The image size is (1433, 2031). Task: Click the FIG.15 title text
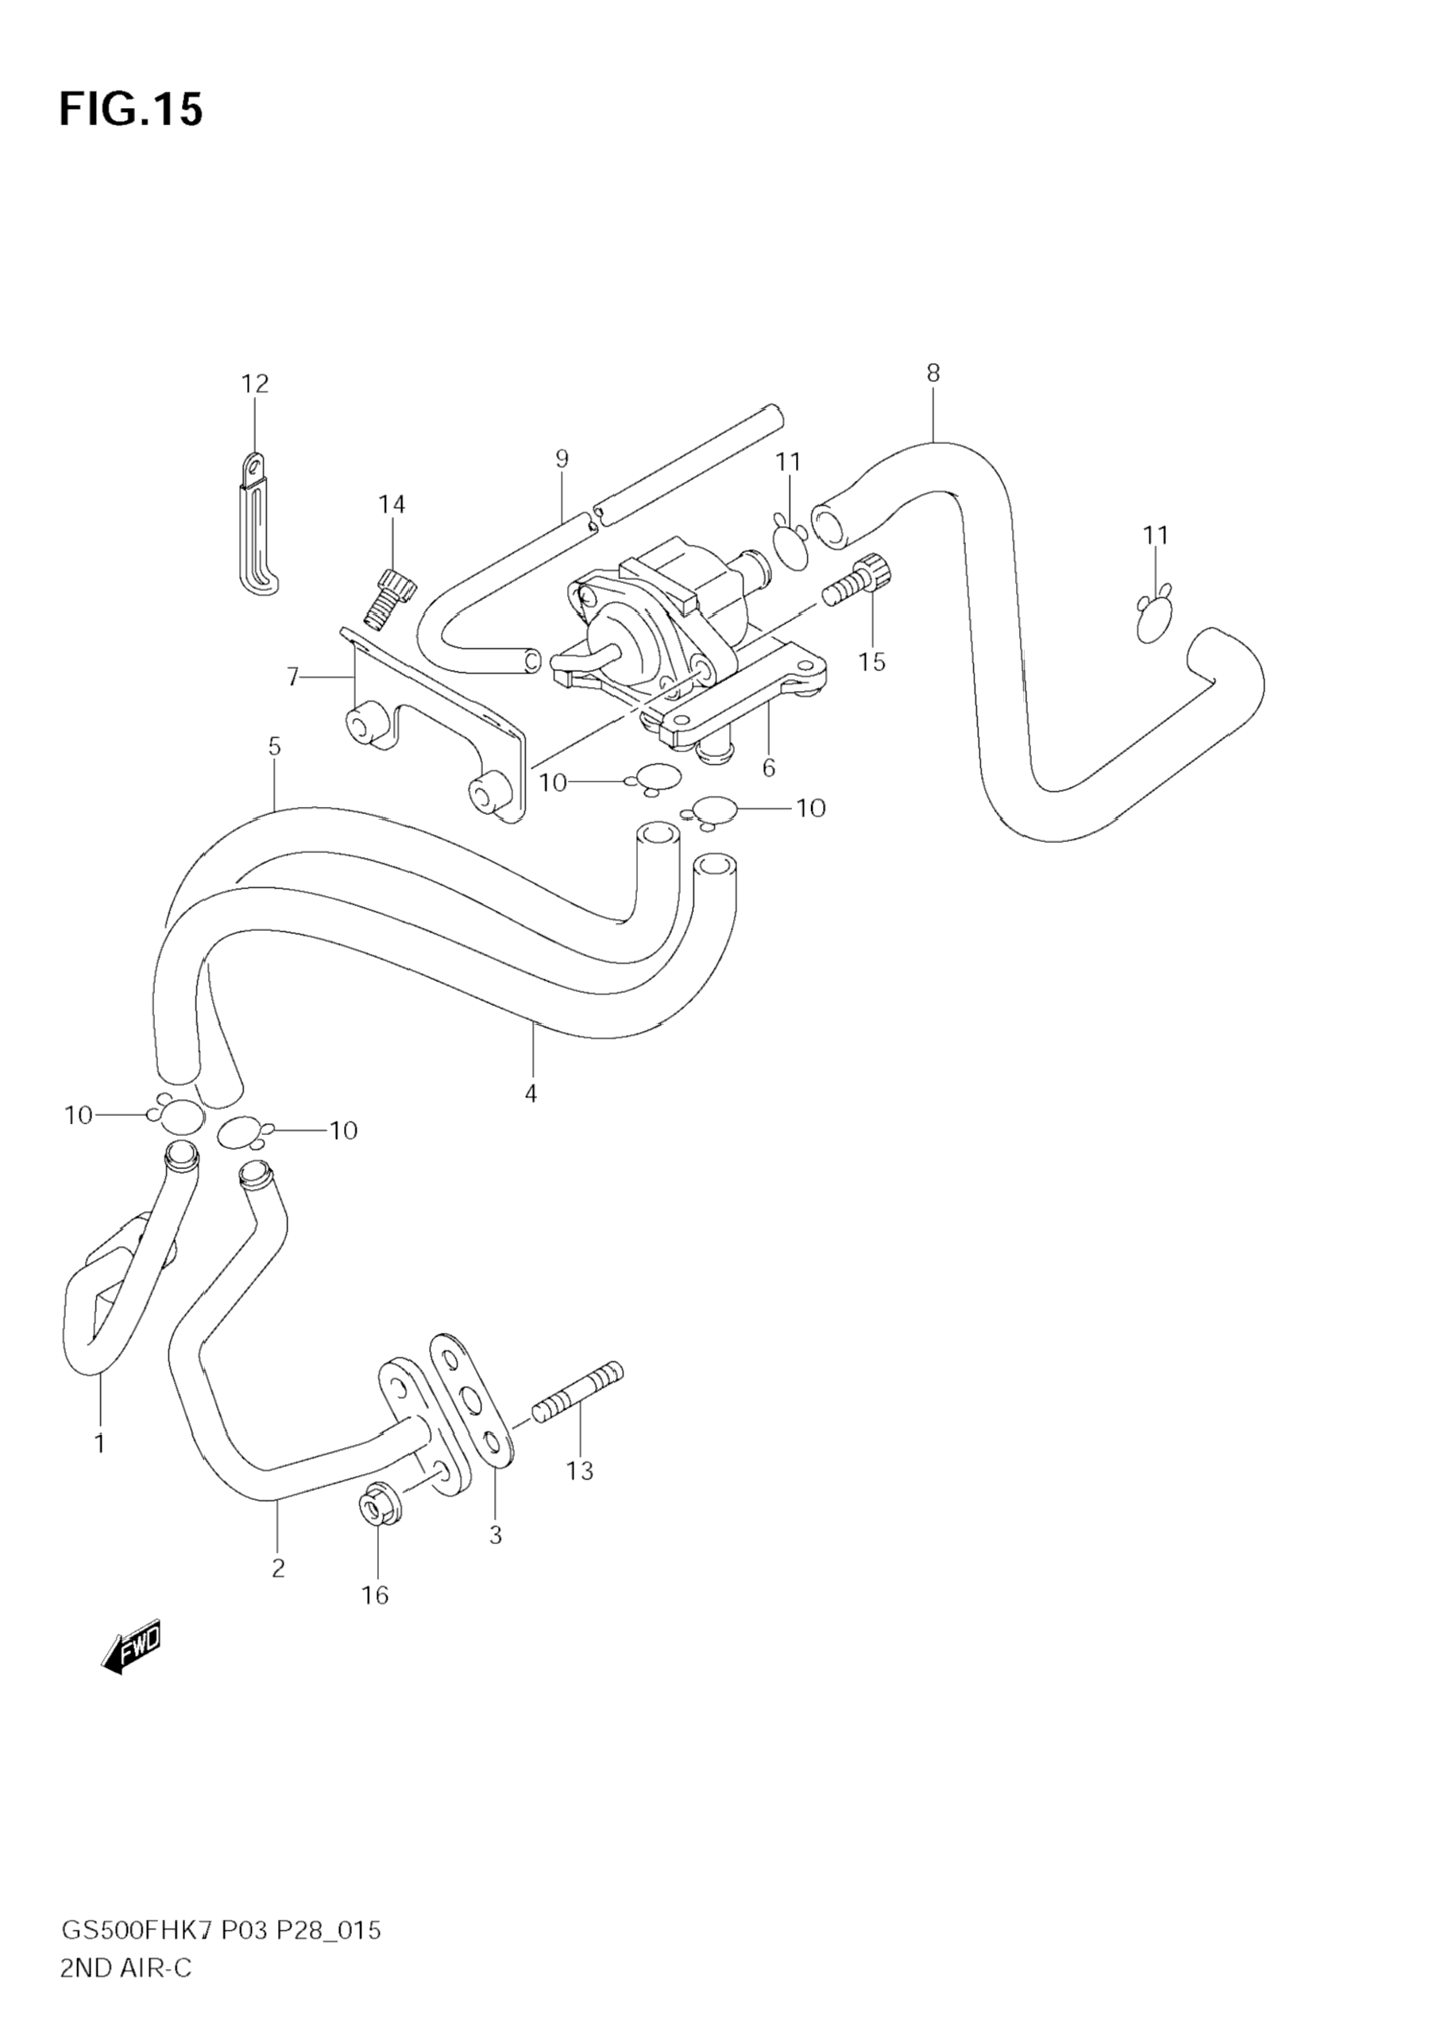coord(131,110)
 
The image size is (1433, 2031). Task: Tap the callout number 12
coord(255,384)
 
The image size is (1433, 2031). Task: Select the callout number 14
coord(392,504)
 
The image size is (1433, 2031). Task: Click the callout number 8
coord(933,373)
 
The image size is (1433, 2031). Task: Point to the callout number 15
coord(872,662)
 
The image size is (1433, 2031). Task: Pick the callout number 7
coord(293,678)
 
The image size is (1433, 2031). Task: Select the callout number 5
coord(274,747)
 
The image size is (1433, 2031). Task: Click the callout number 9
coord(562,459)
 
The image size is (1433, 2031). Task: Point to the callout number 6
coord(768,768)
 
